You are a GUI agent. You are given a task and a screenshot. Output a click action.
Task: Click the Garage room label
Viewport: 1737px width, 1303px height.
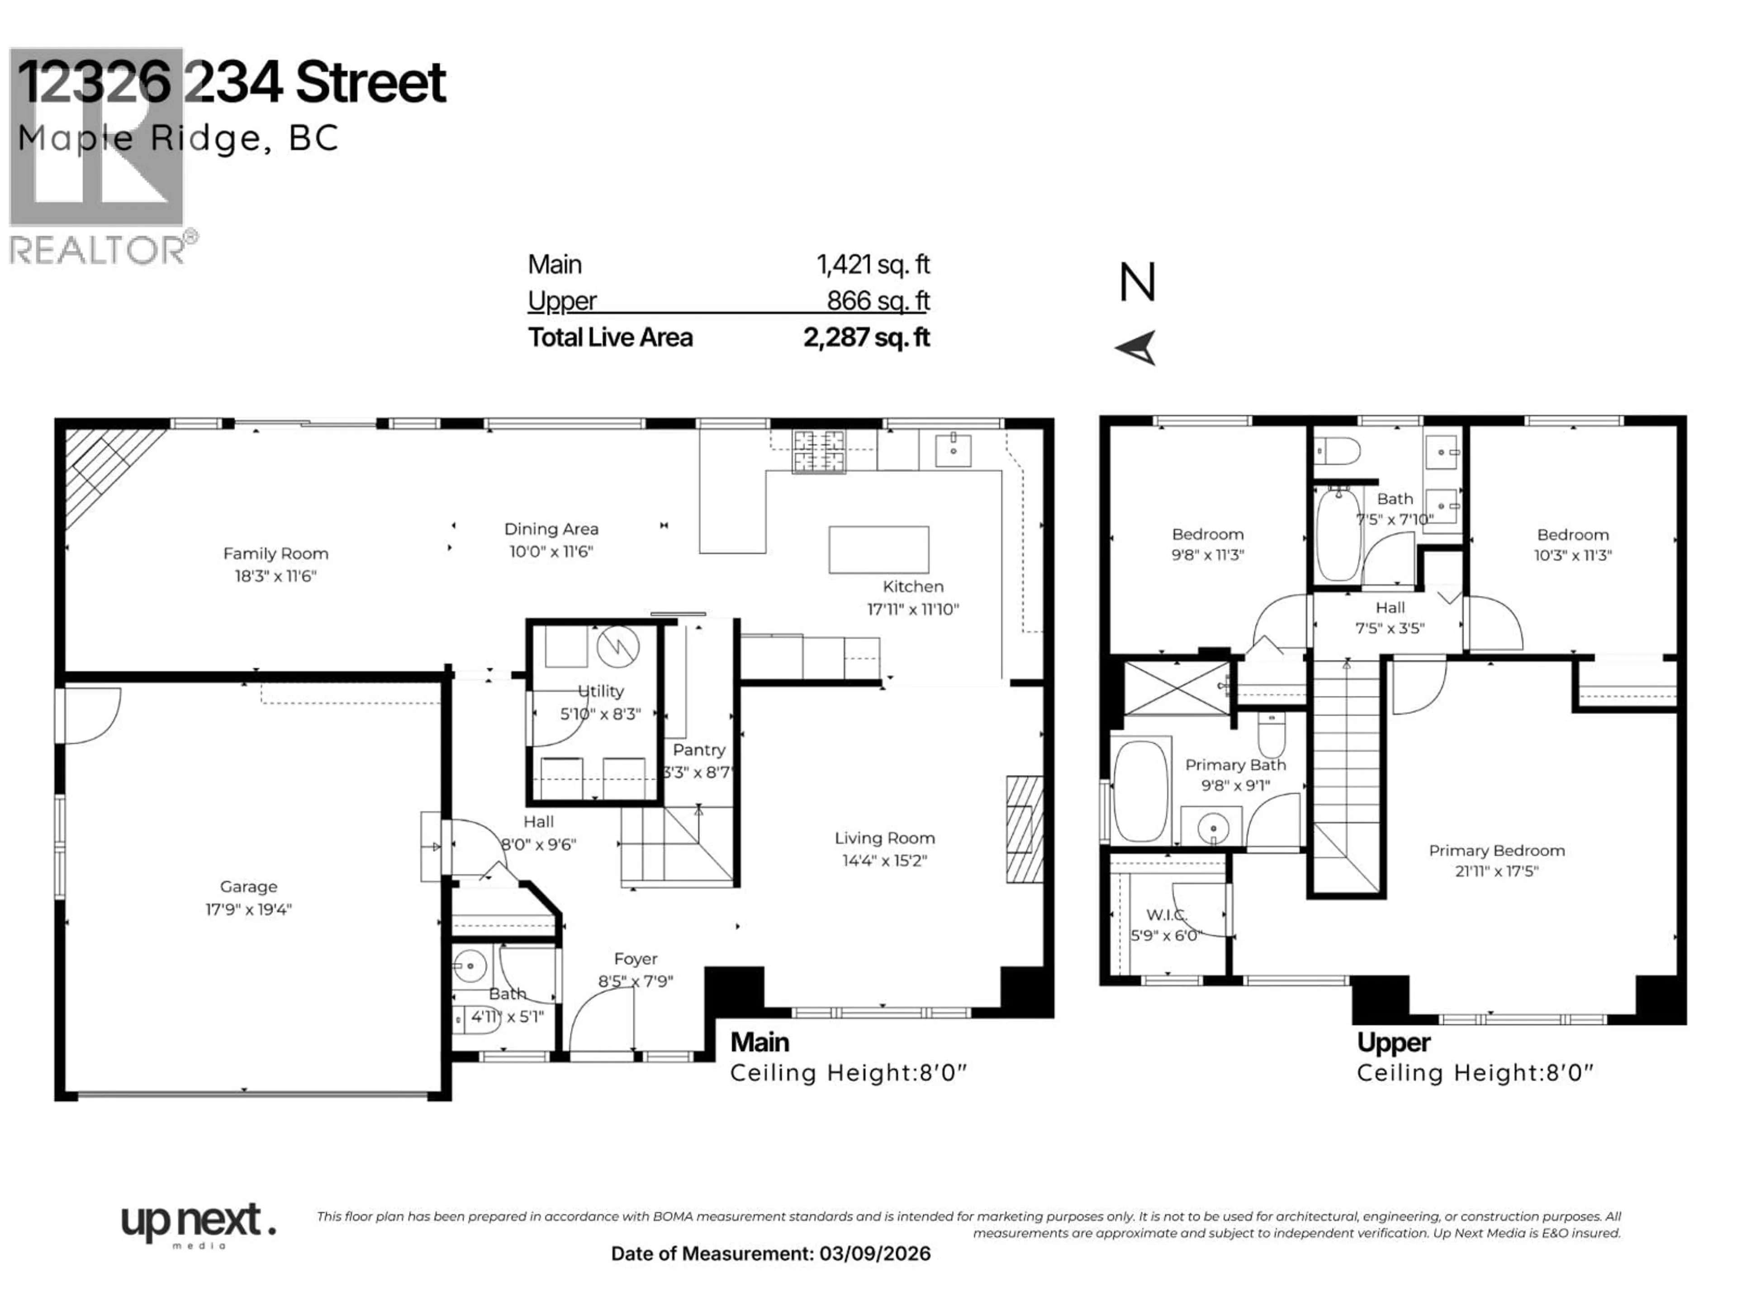pos(248,886)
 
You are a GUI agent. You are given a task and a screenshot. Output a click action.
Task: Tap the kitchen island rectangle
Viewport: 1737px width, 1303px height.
pos(879,550)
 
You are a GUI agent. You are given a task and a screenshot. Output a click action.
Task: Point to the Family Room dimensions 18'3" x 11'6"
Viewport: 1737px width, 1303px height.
pos(275,575)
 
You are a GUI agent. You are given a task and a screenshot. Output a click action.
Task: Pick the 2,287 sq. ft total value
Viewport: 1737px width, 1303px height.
pos(866,337)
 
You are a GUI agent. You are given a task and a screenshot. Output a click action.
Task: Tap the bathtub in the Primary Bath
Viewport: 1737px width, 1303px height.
pos(1140,791)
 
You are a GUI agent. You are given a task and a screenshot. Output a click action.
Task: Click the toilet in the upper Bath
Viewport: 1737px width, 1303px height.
pos(1339,452)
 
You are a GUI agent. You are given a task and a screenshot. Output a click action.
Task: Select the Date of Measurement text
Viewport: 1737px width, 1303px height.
pos(770,1254)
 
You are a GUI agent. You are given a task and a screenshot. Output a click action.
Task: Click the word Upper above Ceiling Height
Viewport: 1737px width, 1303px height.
pos(1393,1042)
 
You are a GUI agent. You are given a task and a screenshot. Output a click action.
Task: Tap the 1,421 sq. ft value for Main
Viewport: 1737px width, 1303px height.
pos(873,265)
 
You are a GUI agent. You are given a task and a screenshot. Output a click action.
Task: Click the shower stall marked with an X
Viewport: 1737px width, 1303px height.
pos(1177,688)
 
